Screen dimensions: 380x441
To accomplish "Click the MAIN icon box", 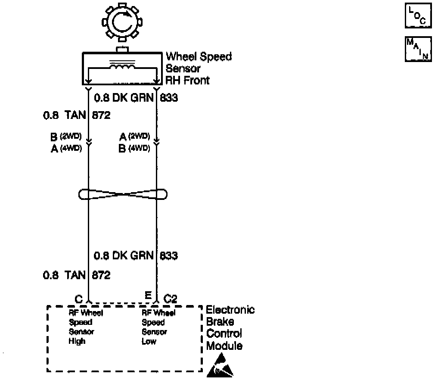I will (418, 49).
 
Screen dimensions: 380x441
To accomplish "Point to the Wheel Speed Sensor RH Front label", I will (199, 68).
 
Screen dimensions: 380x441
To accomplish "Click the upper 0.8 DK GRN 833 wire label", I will (136, 98).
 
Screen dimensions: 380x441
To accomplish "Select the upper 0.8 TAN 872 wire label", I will (77, 115).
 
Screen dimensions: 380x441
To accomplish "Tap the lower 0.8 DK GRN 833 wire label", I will (136, 255).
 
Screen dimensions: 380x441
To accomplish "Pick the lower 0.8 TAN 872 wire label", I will (77, 275).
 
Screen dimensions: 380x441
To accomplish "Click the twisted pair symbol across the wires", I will (122, 195).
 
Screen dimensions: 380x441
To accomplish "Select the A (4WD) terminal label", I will (66, 149).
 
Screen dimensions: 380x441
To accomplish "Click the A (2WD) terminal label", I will (134, 137).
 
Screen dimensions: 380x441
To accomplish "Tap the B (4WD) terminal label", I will (134, 149).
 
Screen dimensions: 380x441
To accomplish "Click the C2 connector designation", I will (171, 299).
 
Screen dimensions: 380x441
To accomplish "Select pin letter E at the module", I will (148, 295).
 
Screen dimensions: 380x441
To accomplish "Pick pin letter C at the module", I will (78, 299).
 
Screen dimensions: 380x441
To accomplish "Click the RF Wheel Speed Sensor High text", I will (86, 327).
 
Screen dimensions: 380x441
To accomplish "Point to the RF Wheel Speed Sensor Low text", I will (158, 327).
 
